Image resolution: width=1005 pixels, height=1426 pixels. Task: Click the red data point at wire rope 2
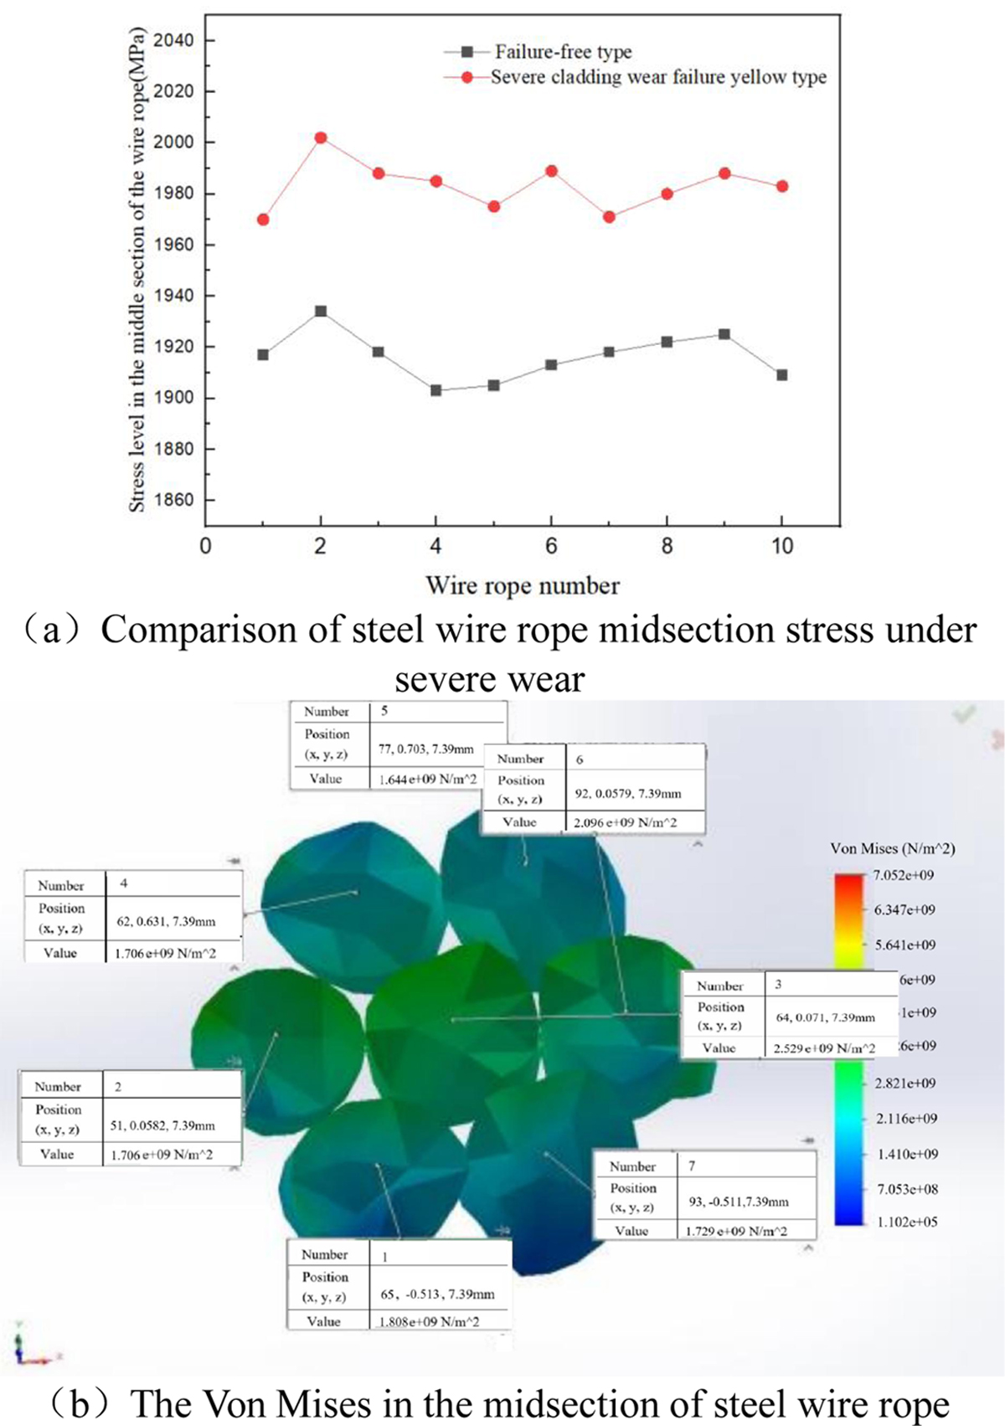tap(320, 138)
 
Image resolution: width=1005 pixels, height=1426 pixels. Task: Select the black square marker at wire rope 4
tap(435, 390)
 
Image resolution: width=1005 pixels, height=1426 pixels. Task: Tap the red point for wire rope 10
tap(782, 187)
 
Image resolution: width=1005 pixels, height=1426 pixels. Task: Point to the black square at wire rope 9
tap(724, 335)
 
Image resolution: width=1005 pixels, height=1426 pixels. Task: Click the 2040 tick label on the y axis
tap(173, 40)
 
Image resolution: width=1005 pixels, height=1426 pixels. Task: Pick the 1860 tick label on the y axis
tap(173, 500)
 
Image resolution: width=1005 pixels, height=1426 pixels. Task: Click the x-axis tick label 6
tap(551, 547)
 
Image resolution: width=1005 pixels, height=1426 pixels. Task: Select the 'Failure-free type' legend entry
tap(563, 52)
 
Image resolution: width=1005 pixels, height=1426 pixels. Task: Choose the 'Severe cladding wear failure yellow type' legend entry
tap(658, 77)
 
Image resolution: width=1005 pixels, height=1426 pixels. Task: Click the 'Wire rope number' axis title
tap(523, 585)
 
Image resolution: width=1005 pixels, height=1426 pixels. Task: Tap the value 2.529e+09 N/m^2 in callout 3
tap(824, 1048)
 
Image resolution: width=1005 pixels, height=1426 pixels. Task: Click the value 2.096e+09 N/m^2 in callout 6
tap(625, 823)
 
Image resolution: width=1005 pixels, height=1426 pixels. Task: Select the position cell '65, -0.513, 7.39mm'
tap(437, 1295)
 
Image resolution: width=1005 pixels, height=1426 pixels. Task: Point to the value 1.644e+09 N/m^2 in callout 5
tap(427, 780)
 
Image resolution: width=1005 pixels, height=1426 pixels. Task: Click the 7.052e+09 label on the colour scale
tap(903, 876)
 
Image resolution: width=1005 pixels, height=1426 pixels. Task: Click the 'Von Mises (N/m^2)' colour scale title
tap(892, 849)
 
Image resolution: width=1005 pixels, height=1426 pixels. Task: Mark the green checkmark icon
tap(964, 714)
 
